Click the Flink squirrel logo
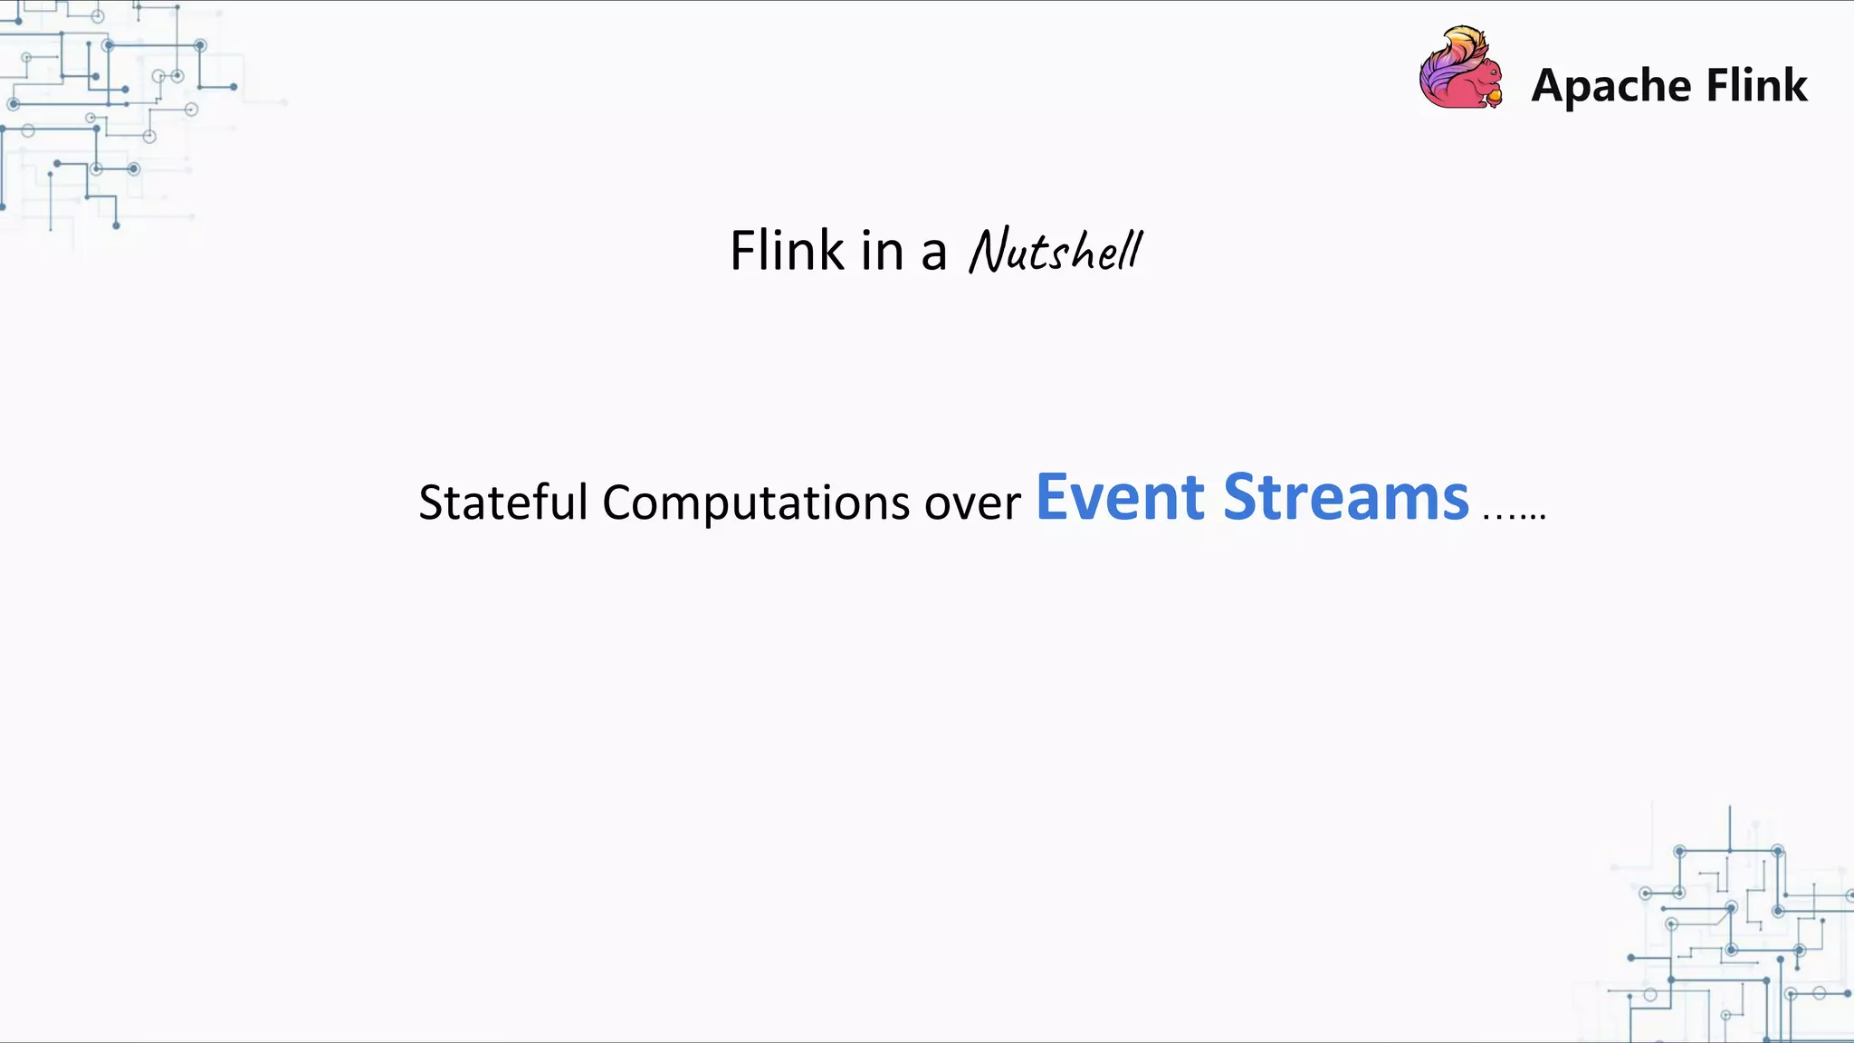(x=1460, y=69)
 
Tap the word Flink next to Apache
(x=1757, y=85)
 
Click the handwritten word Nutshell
(x=1056, y=251)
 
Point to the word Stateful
(x=503, y=502)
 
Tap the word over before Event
(x=972, y=503)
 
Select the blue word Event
(x=1120, y=497)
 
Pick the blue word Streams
(x=1346, y=497)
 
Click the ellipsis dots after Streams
(x=1514, y=515)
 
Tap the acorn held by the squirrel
(x=1494, y=95)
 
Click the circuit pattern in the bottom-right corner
(x=1729, y=933)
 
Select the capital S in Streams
(x=1242, y=497)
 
